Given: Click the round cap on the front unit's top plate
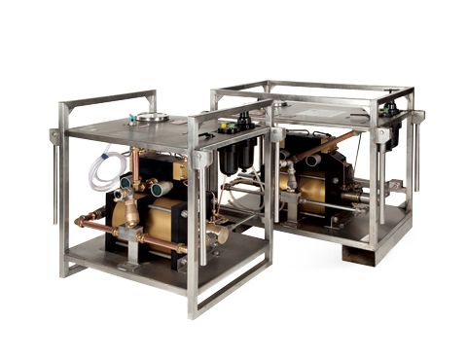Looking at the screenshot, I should [151, 118].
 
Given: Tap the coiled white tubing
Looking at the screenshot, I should [99, 170].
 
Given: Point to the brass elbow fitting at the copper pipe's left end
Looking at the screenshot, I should [87, 223].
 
